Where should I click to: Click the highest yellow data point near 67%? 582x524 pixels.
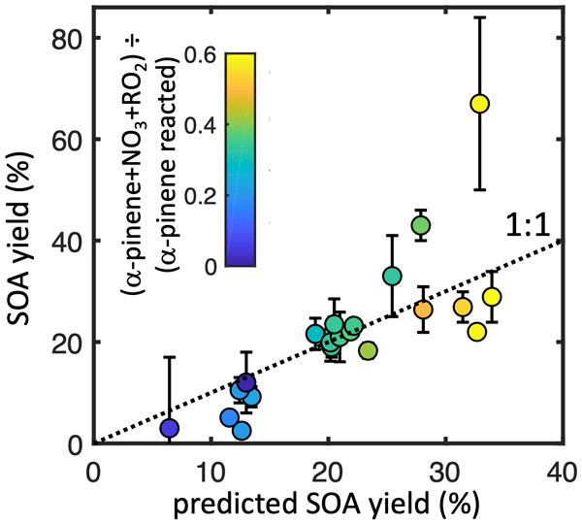pyautogui.click(x=479, y=104)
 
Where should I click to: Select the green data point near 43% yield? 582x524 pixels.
pyautogui.click(x=420, y=225)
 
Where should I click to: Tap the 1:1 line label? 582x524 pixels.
pyautogui.click(x=528, y=227)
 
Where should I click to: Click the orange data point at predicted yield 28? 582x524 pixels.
pyautogui.click(x=423, y=310)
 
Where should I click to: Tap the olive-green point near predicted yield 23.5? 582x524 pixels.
pyautogui.click(x=368, y=350)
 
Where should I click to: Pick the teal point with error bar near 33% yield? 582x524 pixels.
pyautogui.click(x=392, y=276)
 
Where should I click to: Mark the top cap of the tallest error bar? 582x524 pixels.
pyautogui.click(x=479, y=17)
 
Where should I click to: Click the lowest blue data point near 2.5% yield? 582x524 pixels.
pyautogui.click(x=242, y=430)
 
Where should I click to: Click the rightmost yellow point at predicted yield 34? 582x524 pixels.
pyautogui.click(x=492, y=296)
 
